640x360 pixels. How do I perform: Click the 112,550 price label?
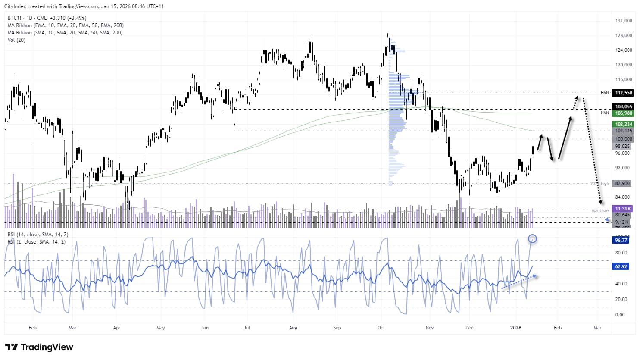click(624, 93)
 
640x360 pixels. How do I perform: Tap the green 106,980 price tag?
click(624, 113)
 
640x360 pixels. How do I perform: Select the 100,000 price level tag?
click(624, 139)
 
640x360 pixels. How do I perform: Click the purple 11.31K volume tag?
click(623, 209)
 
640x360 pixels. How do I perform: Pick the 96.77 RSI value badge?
click(621, 240)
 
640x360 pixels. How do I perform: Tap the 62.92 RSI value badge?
click(621, 266)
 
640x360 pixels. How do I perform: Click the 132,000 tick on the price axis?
click(624, 21)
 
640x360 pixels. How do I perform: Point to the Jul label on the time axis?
click(247, 328)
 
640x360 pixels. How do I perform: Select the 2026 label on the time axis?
click(515, 328)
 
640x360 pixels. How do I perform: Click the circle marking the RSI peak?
click(532, 238)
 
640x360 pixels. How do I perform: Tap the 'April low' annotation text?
click(600, 210)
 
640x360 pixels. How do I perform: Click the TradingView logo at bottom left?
click(39, 347)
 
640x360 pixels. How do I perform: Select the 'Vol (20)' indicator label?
click(16, 40)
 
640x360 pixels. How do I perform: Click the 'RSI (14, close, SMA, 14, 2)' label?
click(38, 235)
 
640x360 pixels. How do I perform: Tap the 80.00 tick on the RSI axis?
click(621, 253)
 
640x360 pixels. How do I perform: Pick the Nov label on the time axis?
click(429, 328)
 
